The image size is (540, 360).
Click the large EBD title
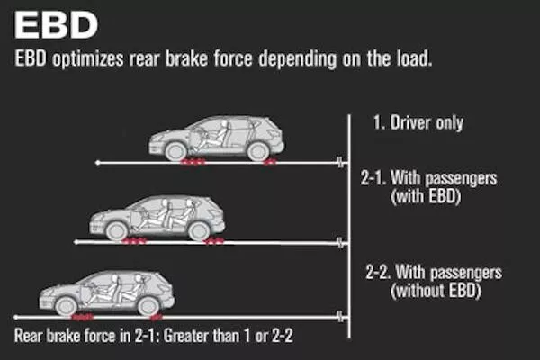click(56, 25)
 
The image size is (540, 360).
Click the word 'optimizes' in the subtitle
click(88, 58)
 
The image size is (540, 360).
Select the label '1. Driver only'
click(418, 122)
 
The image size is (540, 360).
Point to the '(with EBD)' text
click(426, 196)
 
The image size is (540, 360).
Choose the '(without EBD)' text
click(436, 290)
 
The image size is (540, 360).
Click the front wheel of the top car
click(176, 151)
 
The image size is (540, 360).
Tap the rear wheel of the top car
click(258, 151)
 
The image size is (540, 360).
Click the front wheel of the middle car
click(116, 230)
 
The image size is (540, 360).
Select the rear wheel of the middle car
click(199, 230)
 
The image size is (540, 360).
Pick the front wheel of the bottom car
click(66, 306)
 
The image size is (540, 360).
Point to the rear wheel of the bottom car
click(148, 306)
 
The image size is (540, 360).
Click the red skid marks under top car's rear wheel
click(270, 162)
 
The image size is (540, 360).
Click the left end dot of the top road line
click(98, 163)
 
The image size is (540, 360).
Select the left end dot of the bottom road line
click(16, 317)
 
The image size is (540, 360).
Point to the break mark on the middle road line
click(340, 242)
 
